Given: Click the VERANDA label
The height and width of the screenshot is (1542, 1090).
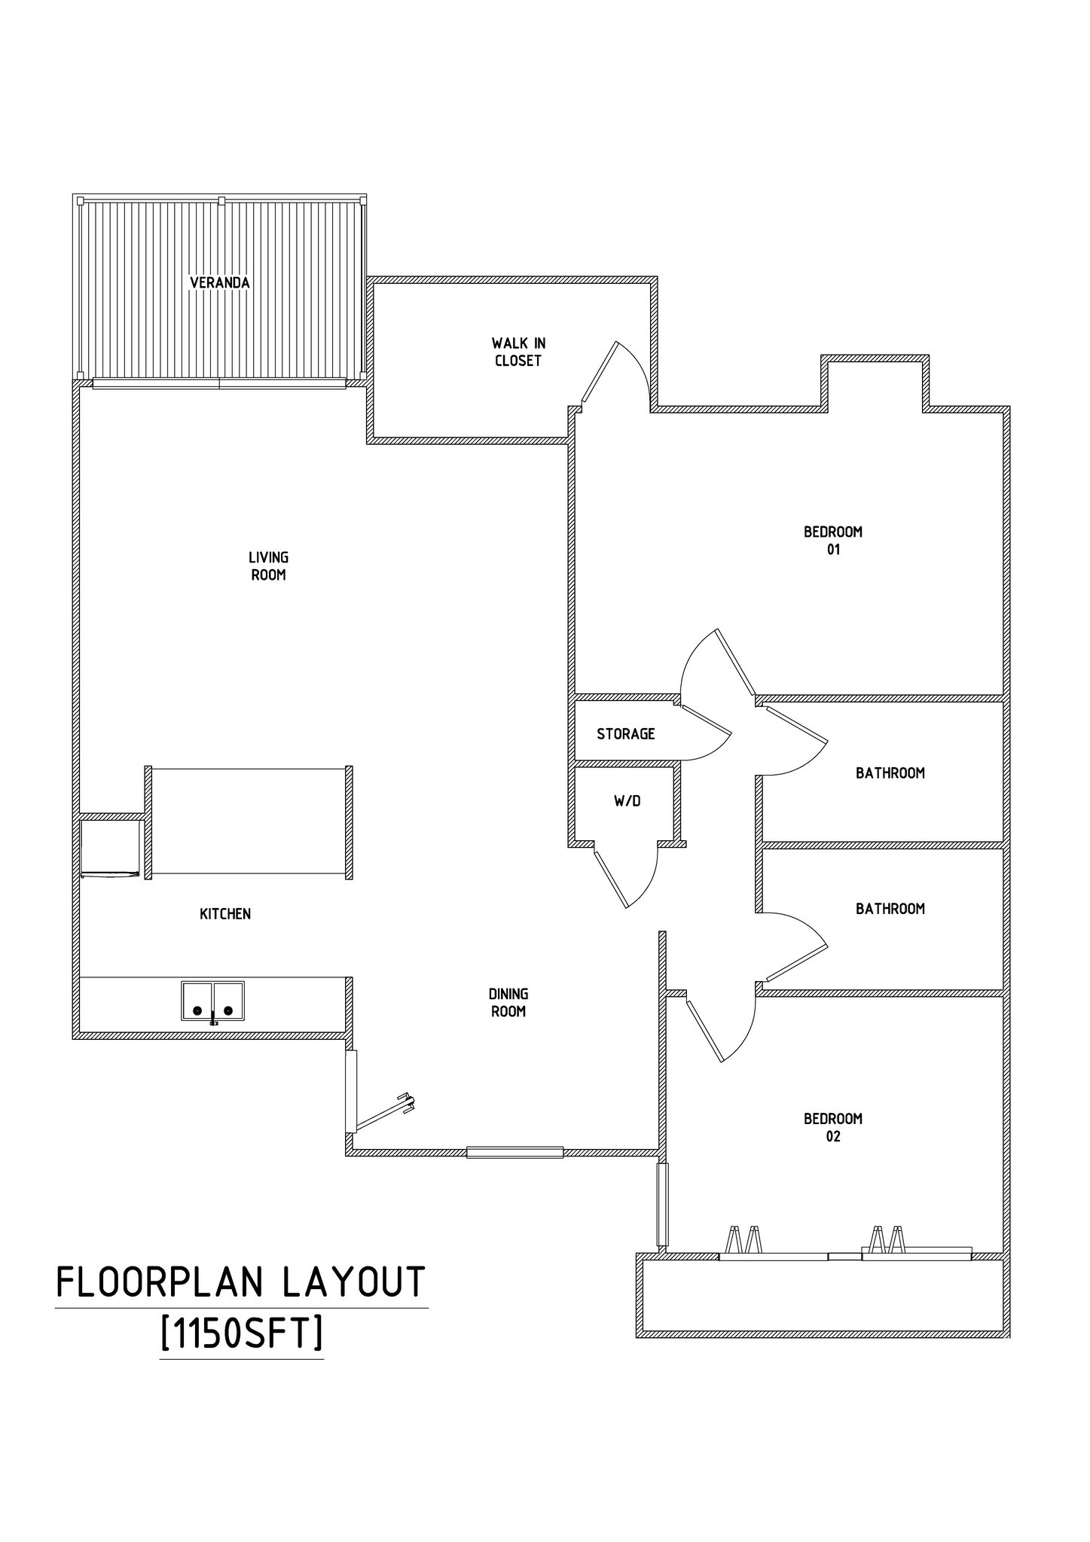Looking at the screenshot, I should [x=219, y=283].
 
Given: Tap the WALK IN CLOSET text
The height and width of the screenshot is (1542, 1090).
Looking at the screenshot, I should [x=518, y=352].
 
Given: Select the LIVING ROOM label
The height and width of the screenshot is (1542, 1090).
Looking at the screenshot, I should [x=268, y=566].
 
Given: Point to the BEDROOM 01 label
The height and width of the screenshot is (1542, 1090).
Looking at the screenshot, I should [x=832, y=540].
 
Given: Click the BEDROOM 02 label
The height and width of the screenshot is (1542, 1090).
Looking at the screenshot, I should [x=832, y=1127].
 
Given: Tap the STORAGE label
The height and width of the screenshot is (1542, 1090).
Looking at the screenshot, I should [x=625, y=733].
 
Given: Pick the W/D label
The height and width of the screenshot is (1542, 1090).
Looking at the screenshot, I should [x=627, y=801].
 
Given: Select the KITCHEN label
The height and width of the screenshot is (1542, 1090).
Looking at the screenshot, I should [x=224, y=914].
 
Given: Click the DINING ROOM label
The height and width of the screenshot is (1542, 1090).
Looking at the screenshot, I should [x=508, y=1003].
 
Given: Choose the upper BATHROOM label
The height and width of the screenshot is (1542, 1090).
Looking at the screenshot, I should [x=890, y=773].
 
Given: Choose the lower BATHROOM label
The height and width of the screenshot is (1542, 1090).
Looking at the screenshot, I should [x=890, y=909].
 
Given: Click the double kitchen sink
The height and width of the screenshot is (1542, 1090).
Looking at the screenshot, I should [x=212, y=1001].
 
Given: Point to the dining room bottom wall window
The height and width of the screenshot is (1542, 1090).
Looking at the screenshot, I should [x=514, y=1152].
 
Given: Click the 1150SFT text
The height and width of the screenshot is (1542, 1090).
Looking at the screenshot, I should [x=242, y=1334].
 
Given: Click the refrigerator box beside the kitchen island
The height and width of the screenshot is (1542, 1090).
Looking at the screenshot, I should [x=110, y=848].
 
